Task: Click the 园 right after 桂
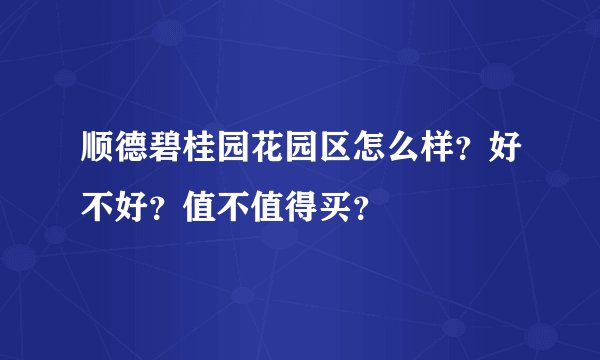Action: [231, 156]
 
